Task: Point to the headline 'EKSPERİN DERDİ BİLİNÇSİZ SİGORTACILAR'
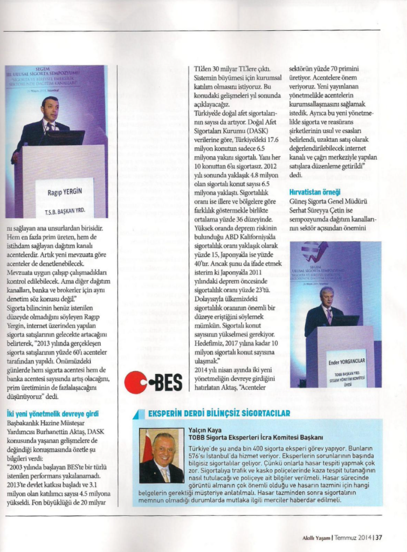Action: point(219,413)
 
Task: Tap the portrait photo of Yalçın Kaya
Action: point(161,456)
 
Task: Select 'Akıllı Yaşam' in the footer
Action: point(316,536)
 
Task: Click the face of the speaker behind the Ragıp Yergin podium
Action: point(50,109)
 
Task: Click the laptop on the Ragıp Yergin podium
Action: point(64,137)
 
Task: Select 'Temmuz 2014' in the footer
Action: point(354,536)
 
